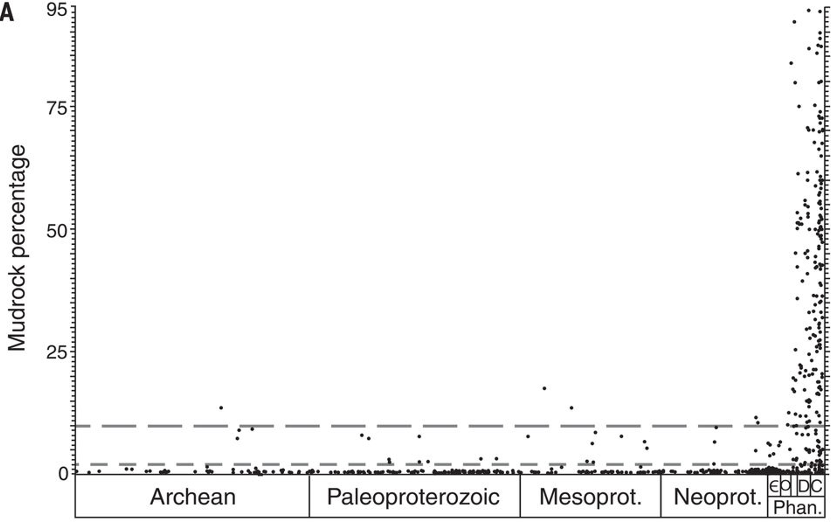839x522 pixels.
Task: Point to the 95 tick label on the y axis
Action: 56,10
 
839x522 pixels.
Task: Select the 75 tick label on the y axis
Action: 56,108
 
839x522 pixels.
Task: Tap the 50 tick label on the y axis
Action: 56,232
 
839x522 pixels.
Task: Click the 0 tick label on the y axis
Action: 64,474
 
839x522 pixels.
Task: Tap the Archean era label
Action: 193,496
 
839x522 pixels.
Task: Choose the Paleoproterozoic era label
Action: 413,496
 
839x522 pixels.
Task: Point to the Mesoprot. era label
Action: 590,496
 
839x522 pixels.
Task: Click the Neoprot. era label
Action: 717,496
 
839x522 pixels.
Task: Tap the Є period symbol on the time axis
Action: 774,485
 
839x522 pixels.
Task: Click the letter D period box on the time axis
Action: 804,486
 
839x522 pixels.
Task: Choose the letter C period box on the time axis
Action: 817,486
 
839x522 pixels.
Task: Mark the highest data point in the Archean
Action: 221,408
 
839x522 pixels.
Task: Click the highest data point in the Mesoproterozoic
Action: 544,388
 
